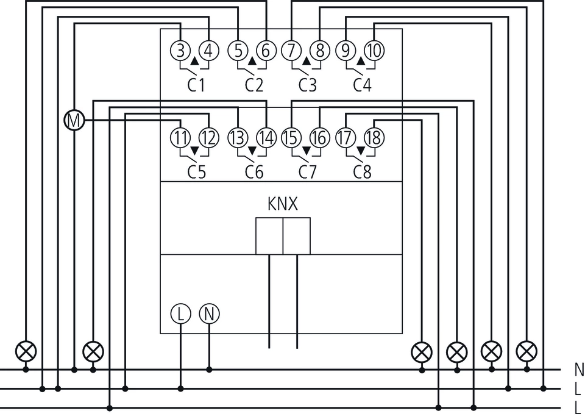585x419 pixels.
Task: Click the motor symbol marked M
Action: pyautogui.click(x=74, y=121)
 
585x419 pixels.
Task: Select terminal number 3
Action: pyautogui.click(x=180, y=50)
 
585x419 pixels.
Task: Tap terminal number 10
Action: pyautogui.click(x=374, y=50)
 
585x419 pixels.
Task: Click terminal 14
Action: pyautogui.click(x=266, y=137)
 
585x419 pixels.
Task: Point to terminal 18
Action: pyautogui.click(x=374, y=137)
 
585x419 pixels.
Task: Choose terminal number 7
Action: pyautogui.click(x=291, y=50)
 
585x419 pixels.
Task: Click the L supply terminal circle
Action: pyautogui.click(x=180, y=313)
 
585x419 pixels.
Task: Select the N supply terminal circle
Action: pyautogui.click(x=209, y=313)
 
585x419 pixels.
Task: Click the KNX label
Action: pyautogui.click(x=283, y=204)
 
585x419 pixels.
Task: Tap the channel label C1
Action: pyautogui.click(x=196, y=85)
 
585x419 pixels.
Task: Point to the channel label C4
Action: pyautogui.click(x=362, y=85)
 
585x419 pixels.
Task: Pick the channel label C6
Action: pyautogui.click(x=254, y=172)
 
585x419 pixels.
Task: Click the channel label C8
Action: pyautogui.click(x=362, y=172)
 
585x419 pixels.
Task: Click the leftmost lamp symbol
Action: pyautogui.click(x=26, y=351)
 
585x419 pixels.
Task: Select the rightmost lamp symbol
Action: pyautogui.click(x=526, y=351)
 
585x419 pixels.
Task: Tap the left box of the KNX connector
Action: pyautogui.click(x=269, y=236)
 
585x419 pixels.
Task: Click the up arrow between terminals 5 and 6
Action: pyautogui.click(x=252, y=61)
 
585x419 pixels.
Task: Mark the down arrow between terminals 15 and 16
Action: pyautogui.click(x=307, y=151)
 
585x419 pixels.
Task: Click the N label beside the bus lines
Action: pyautogui.click(x=579, y=370)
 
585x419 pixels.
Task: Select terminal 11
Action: pyautogui.click(x=180, y=137)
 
